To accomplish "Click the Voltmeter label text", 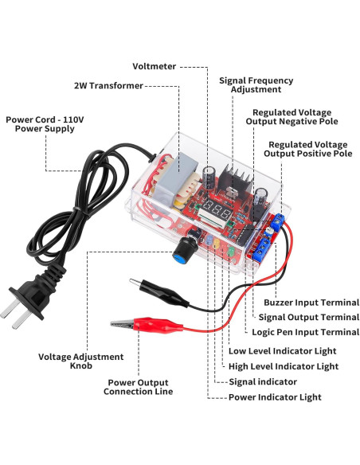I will (155, 67).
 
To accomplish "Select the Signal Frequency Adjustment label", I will (256, 85).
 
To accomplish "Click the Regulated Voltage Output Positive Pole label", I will (309, 149).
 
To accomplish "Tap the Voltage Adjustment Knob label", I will (81, 361).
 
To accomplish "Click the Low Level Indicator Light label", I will (282, 351).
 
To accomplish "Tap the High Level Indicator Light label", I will (283, 366).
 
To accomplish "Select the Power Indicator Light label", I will (275, 397).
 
